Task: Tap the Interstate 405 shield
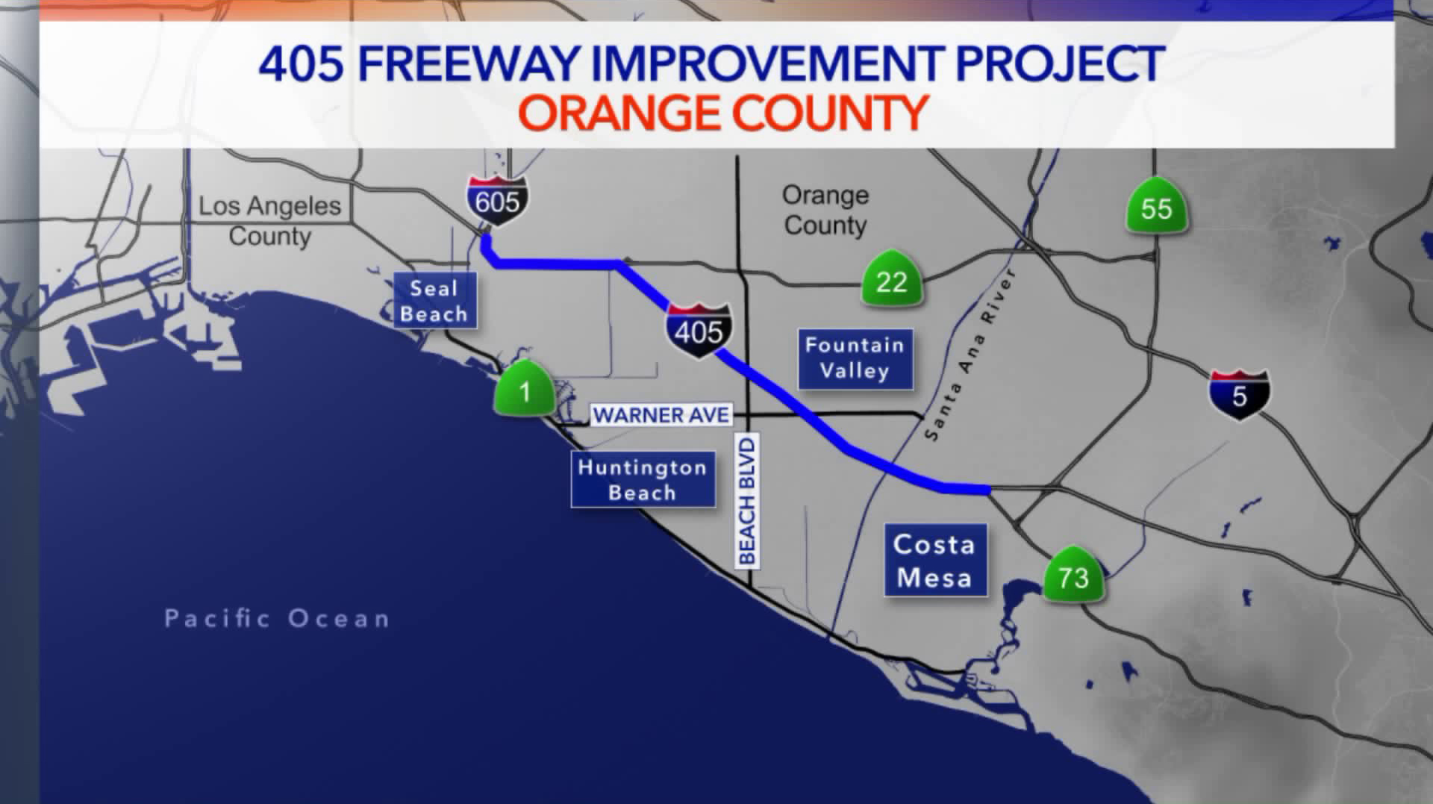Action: (x=699, y=330)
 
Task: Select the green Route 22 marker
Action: (x=891, y=279)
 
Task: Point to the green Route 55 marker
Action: (x=1156, y=206)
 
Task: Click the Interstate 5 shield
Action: (x=1239, y=394)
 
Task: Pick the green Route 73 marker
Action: (x=1073, y=576)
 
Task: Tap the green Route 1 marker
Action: (x=524, y=389)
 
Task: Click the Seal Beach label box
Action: (x=434, y=301)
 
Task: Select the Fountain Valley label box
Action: (x=855, y=358)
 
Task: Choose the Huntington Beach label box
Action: (x=643, y=479)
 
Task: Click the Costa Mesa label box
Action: (x=935, y=560)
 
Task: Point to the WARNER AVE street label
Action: (x=661, y=415)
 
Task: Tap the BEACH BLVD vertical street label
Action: (x=747, y=501)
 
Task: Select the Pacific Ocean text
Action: (x=277, y=619)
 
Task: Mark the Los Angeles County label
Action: (x=269, y=220)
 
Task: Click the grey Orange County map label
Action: (x=825, y=210)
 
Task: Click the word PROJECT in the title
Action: (x=1060, y=63)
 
